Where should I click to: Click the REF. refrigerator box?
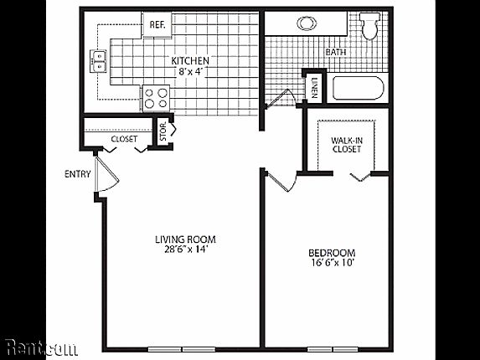157,24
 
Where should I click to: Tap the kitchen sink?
98,60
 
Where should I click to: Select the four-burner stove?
156,98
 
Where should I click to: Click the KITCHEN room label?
190,61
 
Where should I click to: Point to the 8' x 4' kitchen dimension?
191,72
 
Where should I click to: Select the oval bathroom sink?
304,23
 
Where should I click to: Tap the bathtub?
355,88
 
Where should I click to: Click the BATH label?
335,52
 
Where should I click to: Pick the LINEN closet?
313,86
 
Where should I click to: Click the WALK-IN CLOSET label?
346,144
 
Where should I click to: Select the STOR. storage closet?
164,132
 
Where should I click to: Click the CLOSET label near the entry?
123,139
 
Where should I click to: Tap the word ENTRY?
77,174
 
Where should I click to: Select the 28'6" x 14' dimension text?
180,249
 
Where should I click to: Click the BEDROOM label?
332,253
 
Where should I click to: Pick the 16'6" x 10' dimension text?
332,265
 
